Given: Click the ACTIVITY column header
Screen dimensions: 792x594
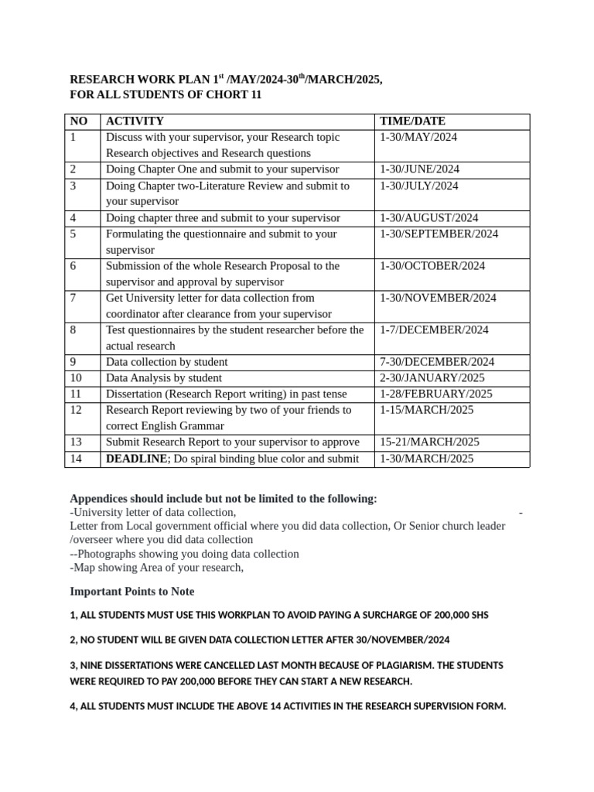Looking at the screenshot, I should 135,121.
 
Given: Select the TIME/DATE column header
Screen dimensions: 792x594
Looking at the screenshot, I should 412,121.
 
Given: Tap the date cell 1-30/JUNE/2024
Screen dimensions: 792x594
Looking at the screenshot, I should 419,169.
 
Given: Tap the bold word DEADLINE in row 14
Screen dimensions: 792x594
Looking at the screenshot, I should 136,459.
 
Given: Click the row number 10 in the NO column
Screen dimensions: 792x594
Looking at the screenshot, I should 76,378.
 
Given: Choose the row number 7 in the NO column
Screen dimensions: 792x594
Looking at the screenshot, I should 73,298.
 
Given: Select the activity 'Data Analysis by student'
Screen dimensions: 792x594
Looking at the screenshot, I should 164,378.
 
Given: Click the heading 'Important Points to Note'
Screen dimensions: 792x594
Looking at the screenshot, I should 132,592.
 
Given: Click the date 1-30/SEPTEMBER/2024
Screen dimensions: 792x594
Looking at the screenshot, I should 439,234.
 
